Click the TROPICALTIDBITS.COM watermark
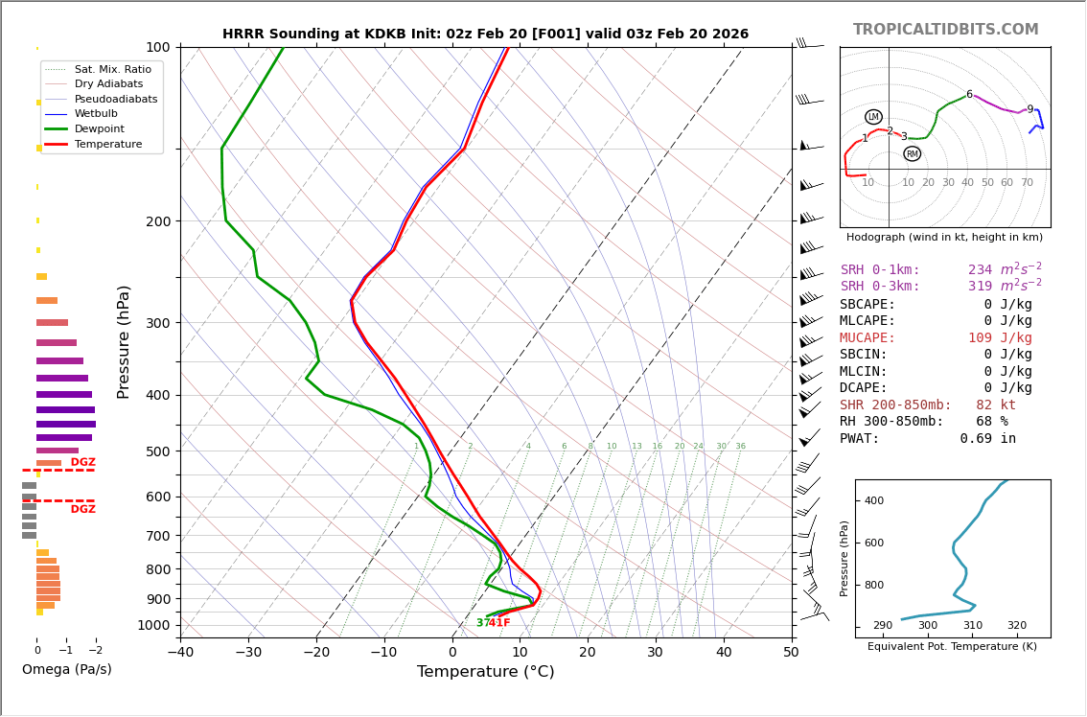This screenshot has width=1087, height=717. coord(945,30)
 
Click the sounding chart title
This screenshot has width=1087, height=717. coord(485,35)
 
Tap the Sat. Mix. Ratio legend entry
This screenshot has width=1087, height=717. coord(112,70)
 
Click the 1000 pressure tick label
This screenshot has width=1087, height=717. coord(153,626)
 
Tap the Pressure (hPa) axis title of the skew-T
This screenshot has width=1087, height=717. coord(124,341)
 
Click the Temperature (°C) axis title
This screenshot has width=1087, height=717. coord(485,673)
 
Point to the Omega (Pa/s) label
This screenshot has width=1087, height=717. coord(66,670)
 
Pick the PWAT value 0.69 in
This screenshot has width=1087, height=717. coord(987,439)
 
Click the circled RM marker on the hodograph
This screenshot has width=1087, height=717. coord(912,154)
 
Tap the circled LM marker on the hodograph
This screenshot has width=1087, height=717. coord(873,117)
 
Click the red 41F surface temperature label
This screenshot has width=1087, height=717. coord(499,623)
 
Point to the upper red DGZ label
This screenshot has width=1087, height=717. coord(82,463)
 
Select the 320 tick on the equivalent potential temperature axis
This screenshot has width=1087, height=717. coord(1016,626)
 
